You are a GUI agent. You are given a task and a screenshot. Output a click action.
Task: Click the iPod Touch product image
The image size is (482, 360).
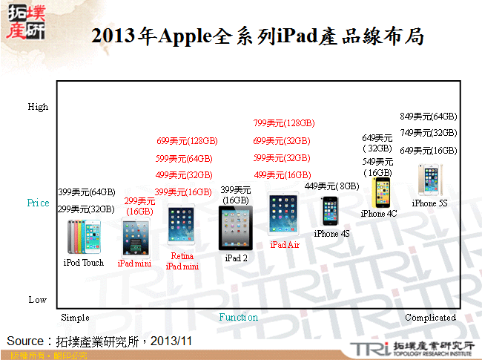(83, 237)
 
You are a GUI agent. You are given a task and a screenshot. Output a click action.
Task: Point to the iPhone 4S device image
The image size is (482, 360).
(331, 211)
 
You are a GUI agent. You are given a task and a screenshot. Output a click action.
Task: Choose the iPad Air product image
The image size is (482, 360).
(284, 215)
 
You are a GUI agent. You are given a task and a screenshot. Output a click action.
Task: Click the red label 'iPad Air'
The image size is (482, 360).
(285, 244)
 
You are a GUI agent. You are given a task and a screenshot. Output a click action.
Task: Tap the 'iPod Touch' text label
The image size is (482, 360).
(83, 262)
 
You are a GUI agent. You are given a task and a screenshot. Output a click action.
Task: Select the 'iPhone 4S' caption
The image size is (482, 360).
(331, 234)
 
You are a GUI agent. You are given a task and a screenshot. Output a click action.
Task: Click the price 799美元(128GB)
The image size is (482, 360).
(284, 123)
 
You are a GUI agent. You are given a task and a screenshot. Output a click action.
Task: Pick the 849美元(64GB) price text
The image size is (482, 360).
(429, 117)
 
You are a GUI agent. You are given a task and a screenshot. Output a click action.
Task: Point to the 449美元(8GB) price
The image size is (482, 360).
(332, 186)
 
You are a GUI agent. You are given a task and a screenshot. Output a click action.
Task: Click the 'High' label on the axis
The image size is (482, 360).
(38, 107)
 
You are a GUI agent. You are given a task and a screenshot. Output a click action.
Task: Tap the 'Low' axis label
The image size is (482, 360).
(37, 300)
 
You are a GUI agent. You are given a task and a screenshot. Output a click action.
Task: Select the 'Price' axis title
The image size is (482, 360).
(38, 203)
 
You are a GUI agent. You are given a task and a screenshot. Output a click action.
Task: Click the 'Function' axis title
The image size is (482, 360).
(238, 317)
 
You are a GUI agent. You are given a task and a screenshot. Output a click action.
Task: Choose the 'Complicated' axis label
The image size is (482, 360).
(430, 317)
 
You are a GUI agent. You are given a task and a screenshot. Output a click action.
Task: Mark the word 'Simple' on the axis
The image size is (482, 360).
(75, 317)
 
